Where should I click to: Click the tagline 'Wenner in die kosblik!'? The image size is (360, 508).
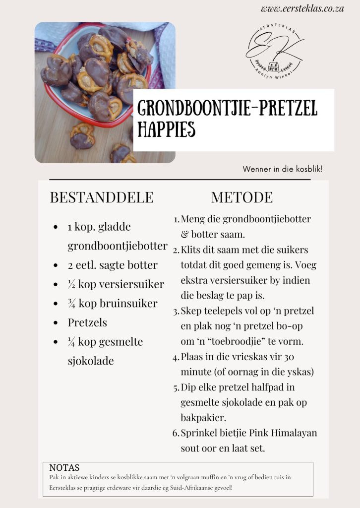click(283, 169)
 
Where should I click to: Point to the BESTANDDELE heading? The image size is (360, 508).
click(102, 197)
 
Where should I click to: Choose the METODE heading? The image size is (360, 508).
click(242, 197)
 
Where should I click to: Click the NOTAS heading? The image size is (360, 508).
click(64, 468)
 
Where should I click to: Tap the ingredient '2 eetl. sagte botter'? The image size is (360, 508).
click(113, 265)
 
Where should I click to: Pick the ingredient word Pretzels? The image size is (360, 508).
click(87, 322)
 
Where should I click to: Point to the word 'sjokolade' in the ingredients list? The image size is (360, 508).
click(91, 361)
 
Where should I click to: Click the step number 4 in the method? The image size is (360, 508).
click(176, 357)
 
